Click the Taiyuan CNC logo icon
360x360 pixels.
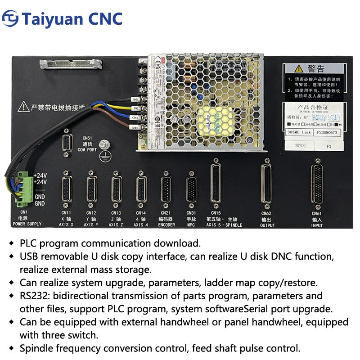click(11, 19)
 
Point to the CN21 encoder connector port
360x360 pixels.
click(166, 185)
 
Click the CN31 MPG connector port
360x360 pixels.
click(191, 185)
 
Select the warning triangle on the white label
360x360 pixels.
click(298, 69)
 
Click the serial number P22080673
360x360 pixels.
click(327, 133)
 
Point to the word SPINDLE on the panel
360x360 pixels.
click(234, 225)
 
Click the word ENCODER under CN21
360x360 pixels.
click(166, 225)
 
